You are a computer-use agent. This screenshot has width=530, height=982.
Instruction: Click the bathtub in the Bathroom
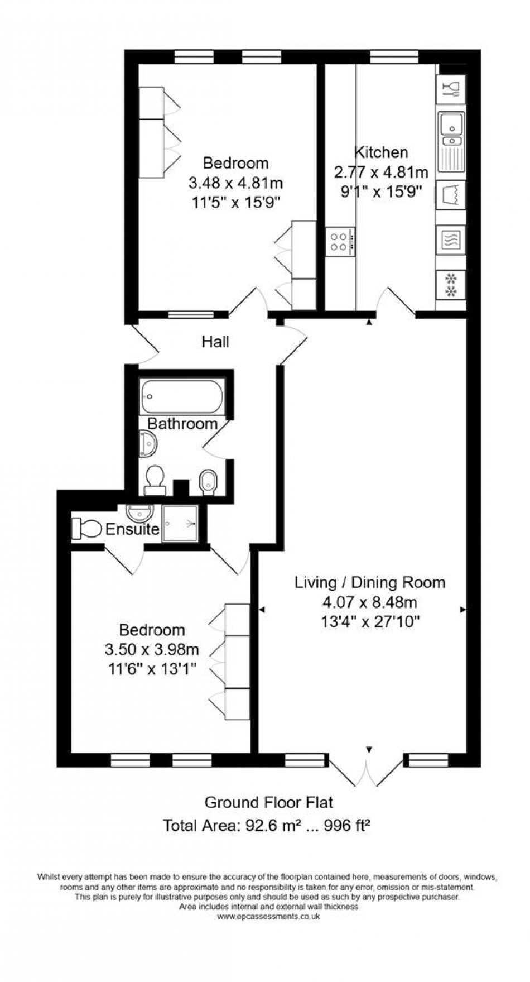tap(182, 396)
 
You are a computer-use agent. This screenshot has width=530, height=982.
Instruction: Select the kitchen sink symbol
tap(451, 142)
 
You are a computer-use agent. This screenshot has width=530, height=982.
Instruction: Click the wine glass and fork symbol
tap(451, 89)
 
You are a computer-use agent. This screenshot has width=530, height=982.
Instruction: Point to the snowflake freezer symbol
tap(451, 285)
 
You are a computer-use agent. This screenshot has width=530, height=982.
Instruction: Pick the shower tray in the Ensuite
tap(180, 524)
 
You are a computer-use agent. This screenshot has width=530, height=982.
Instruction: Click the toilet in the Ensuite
tap(86, 528)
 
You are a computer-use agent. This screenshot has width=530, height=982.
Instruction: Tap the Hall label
tap(215, 342)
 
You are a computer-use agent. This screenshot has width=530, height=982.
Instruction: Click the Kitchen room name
tap(382, 152)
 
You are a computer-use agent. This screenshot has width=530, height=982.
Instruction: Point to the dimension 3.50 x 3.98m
tap(152, 649)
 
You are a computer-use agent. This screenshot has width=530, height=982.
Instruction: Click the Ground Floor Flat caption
tap(269, 803)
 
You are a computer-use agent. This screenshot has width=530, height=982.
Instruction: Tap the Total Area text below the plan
tap(267, 825)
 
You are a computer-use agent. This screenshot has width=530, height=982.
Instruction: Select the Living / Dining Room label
tap(370, 583)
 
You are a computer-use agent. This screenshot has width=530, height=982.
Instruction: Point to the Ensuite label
tap(132, 529)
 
